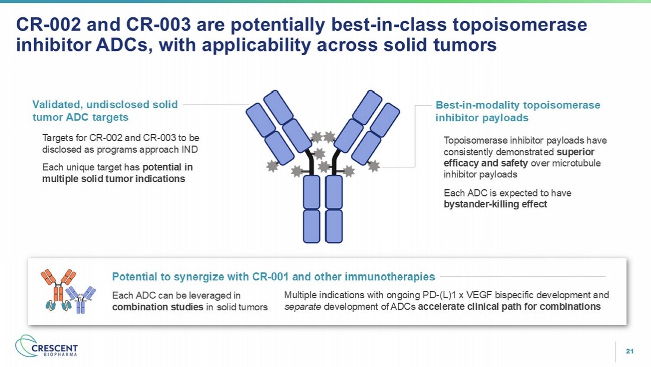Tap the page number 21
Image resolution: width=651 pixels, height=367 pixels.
point(630,351)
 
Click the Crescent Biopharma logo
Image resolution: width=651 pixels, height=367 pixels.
point(47,346)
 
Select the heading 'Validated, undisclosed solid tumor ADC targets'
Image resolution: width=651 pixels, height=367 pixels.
point(105,111)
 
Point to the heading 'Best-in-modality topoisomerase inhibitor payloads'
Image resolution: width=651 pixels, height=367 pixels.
point(517,111)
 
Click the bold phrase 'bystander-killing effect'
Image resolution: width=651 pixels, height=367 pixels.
point(495,204)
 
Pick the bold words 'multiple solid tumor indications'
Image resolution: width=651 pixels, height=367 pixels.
point(114,179)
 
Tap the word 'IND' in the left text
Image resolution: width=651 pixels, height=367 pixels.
point(190,149)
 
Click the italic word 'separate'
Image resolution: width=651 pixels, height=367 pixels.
point(302,307)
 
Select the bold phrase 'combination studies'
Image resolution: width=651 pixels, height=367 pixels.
point(158,307)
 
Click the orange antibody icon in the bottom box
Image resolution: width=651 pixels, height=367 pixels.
point(58,290)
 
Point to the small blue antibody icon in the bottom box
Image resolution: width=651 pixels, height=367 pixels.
point(81,300)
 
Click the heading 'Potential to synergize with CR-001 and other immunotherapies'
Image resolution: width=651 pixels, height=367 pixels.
point(273,277)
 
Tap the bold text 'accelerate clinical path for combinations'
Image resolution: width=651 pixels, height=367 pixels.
point(509,307)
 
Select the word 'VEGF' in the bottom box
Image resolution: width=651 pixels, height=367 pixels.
point(478,295)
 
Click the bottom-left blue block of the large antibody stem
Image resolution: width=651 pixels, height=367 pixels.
point(312,226)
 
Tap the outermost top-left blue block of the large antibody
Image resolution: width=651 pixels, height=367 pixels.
point(260,120)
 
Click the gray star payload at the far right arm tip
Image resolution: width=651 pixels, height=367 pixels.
point(374,166)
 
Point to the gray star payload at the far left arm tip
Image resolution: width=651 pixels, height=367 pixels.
point(272,166)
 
